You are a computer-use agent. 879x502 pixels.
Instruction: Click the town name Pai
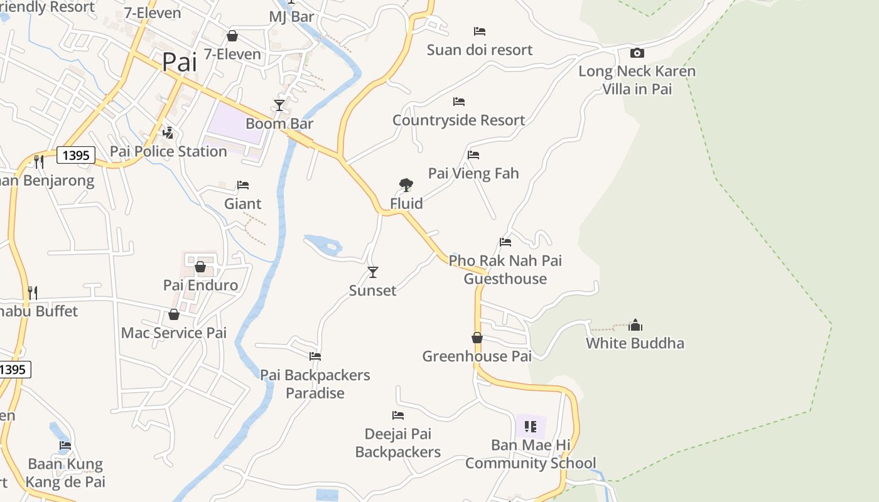coord(179,62)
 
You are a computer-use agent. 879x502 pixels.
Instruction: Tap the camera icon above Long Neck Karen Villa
coord(637,53)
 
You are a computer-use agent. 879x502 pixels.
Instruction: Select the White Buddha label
coord(635,343)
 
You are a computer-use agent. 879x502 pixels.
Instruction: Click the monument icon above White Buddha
coord(635,325)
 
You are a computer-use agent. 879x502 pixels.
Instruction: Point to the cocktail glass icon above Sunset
coord(373,272)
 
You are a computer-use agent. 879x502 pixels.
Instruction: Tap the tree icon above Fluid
coord(406,185)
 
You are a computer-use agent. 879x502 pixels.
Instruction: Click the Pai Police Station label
coord(168,151)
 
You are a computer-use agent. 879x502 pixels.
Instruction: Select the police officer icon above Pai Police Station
coord(168,133)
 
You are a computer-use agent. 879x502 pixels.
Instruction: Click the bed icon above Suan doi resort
coord(480,31)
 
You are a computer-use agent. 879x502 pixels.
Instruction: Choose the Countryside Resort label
coord(458,120)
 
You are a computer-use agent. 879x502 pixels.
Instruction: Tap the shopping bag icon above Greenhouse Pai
coord(477,338)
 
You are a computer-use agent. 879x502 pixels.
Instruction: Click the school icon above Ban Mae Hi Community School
coord(531,427)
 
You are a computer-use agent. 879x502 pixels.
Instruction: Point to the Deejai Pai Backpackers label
coord(398,442)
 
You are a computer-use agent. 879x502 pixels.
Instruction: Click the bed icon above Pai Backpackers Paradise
coord(315,356)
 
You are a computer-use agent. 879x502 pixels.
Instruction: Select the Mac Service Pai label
coord(174,333)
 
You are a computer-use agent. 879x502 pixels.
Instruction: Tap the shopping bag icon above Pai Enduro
coord(200,267)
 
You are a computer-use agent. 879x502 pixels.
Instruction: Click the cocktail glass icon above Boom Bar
coord(279,105)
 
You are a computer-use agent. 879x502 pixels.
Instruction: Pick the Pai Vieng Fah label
coord(473,173)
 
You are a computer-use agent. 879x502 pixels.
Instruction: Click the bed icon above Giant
coord(243,185)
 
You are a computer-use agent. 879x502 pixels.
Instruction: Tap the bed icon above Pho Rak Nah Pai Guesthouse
coord(505,242)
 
